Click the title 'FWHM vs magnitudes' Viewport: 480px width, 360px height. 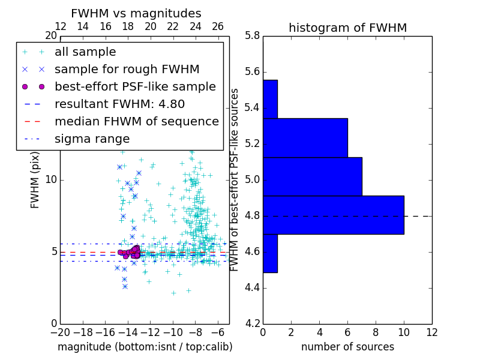[x=136, y=13]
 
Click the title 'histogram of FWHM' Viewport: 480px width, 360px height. [x=347, y=28]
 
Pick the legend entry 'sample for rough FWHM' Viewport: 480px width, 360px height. [x=127, y=69]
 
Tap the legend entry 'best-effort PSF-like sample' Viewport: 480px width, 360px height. [x=135, y=86]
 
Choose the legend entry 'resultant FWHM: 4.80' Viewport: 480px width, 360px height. [x=119, y=104]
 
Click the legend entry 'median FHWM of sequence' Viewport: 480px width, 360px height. [x=136, y=121]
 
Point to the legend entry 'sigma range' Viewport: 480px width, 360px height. [x=92, y=139]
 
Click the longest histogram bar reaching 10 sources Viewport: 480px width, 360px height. [x=334, y=215]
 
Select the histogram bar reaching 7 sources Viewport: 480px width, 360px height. [x=312, y=176]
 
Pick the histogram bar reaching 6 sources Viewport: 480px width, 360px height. [x=305, y=137]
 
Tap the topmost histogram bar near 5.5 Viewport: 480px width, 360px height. [x=270, y=99]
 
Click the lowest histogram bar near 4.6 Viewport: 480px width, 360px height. [x=270, y=253]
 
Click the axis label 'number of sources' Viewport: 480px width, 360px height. [x=347, y=347]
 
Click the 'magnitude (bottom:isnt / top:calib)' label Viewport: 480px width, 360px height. [x=145, y=347]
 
